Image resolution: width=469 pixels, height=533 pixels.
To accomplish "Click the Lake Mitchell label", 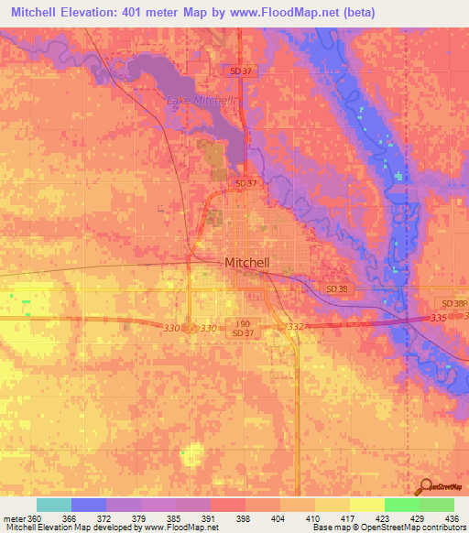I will coord(202,100).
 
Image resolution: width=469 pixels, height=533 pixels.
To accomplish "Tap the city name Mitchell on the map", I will coord(247,263).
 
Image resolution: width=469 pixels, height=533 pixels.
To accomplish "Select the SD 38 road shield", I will coord(337,288).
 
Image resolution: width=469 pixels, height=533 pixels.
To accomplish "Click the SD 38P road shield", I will coord(453,303).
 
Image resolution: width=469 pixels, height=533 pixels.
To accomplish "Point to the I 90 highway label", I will coord(242,324).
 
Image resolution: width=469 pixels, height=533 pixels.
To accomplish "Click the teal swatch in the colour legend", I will coord(54,505).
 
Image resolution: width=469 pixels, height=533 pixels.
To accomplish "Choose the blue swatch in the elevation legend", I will coord(89,505).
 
